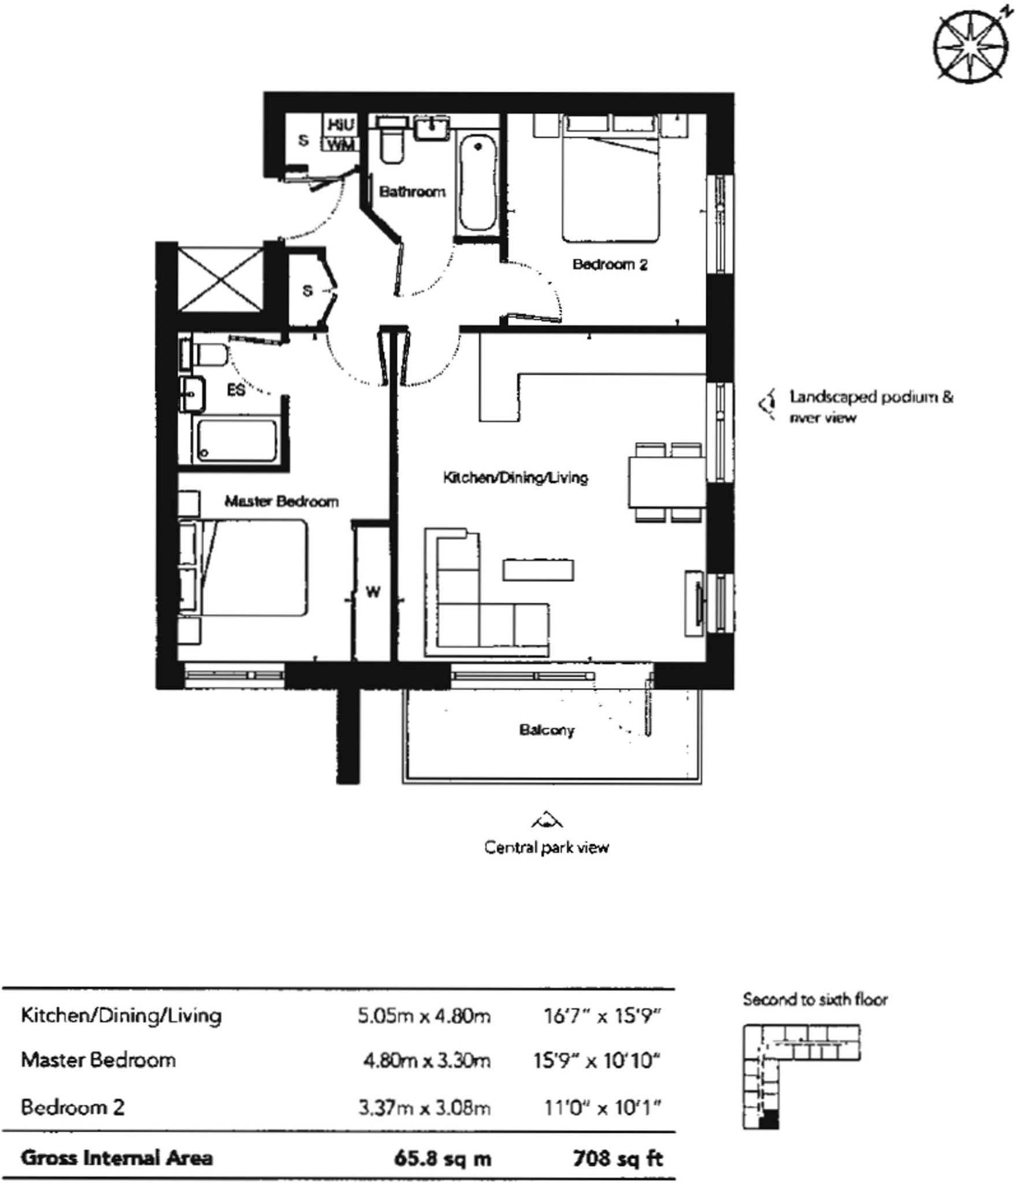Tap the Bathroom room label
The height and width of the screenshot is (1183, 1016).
point(412,192)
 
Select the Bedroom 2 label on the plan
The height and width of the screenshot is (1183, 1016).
point(610,265)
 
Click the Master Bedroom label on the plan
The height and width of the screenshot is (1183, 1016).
point(281,501)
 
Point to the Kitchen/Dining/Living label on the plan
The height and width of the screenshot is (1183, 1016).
point(516,478)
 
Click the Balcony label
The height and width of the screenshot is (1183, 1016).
point(547,730)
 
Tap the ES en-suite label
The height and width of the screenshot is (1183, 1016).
point(236,390)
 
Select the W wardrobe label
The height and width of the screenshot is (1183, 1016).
point(373,591)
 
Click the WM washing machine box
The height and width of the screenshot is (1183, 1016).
point(340,146)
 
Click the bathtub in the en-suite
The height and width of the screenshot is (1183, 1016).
point(237,441)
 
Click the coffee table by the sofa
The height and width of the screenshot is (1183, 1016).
point(538,570)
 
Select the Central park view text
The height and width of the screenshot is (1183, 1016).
point(546,847)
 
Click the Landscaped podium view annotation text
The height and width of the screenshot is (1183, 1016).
point(871,407)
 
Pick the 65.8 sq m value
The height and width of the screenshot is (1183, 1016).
point(443,1158)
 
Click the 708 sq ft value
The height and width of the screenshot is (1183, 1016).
point(618,1158)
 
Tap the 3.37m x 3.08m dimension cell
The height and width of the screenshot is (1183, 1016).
point(424,1107)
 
